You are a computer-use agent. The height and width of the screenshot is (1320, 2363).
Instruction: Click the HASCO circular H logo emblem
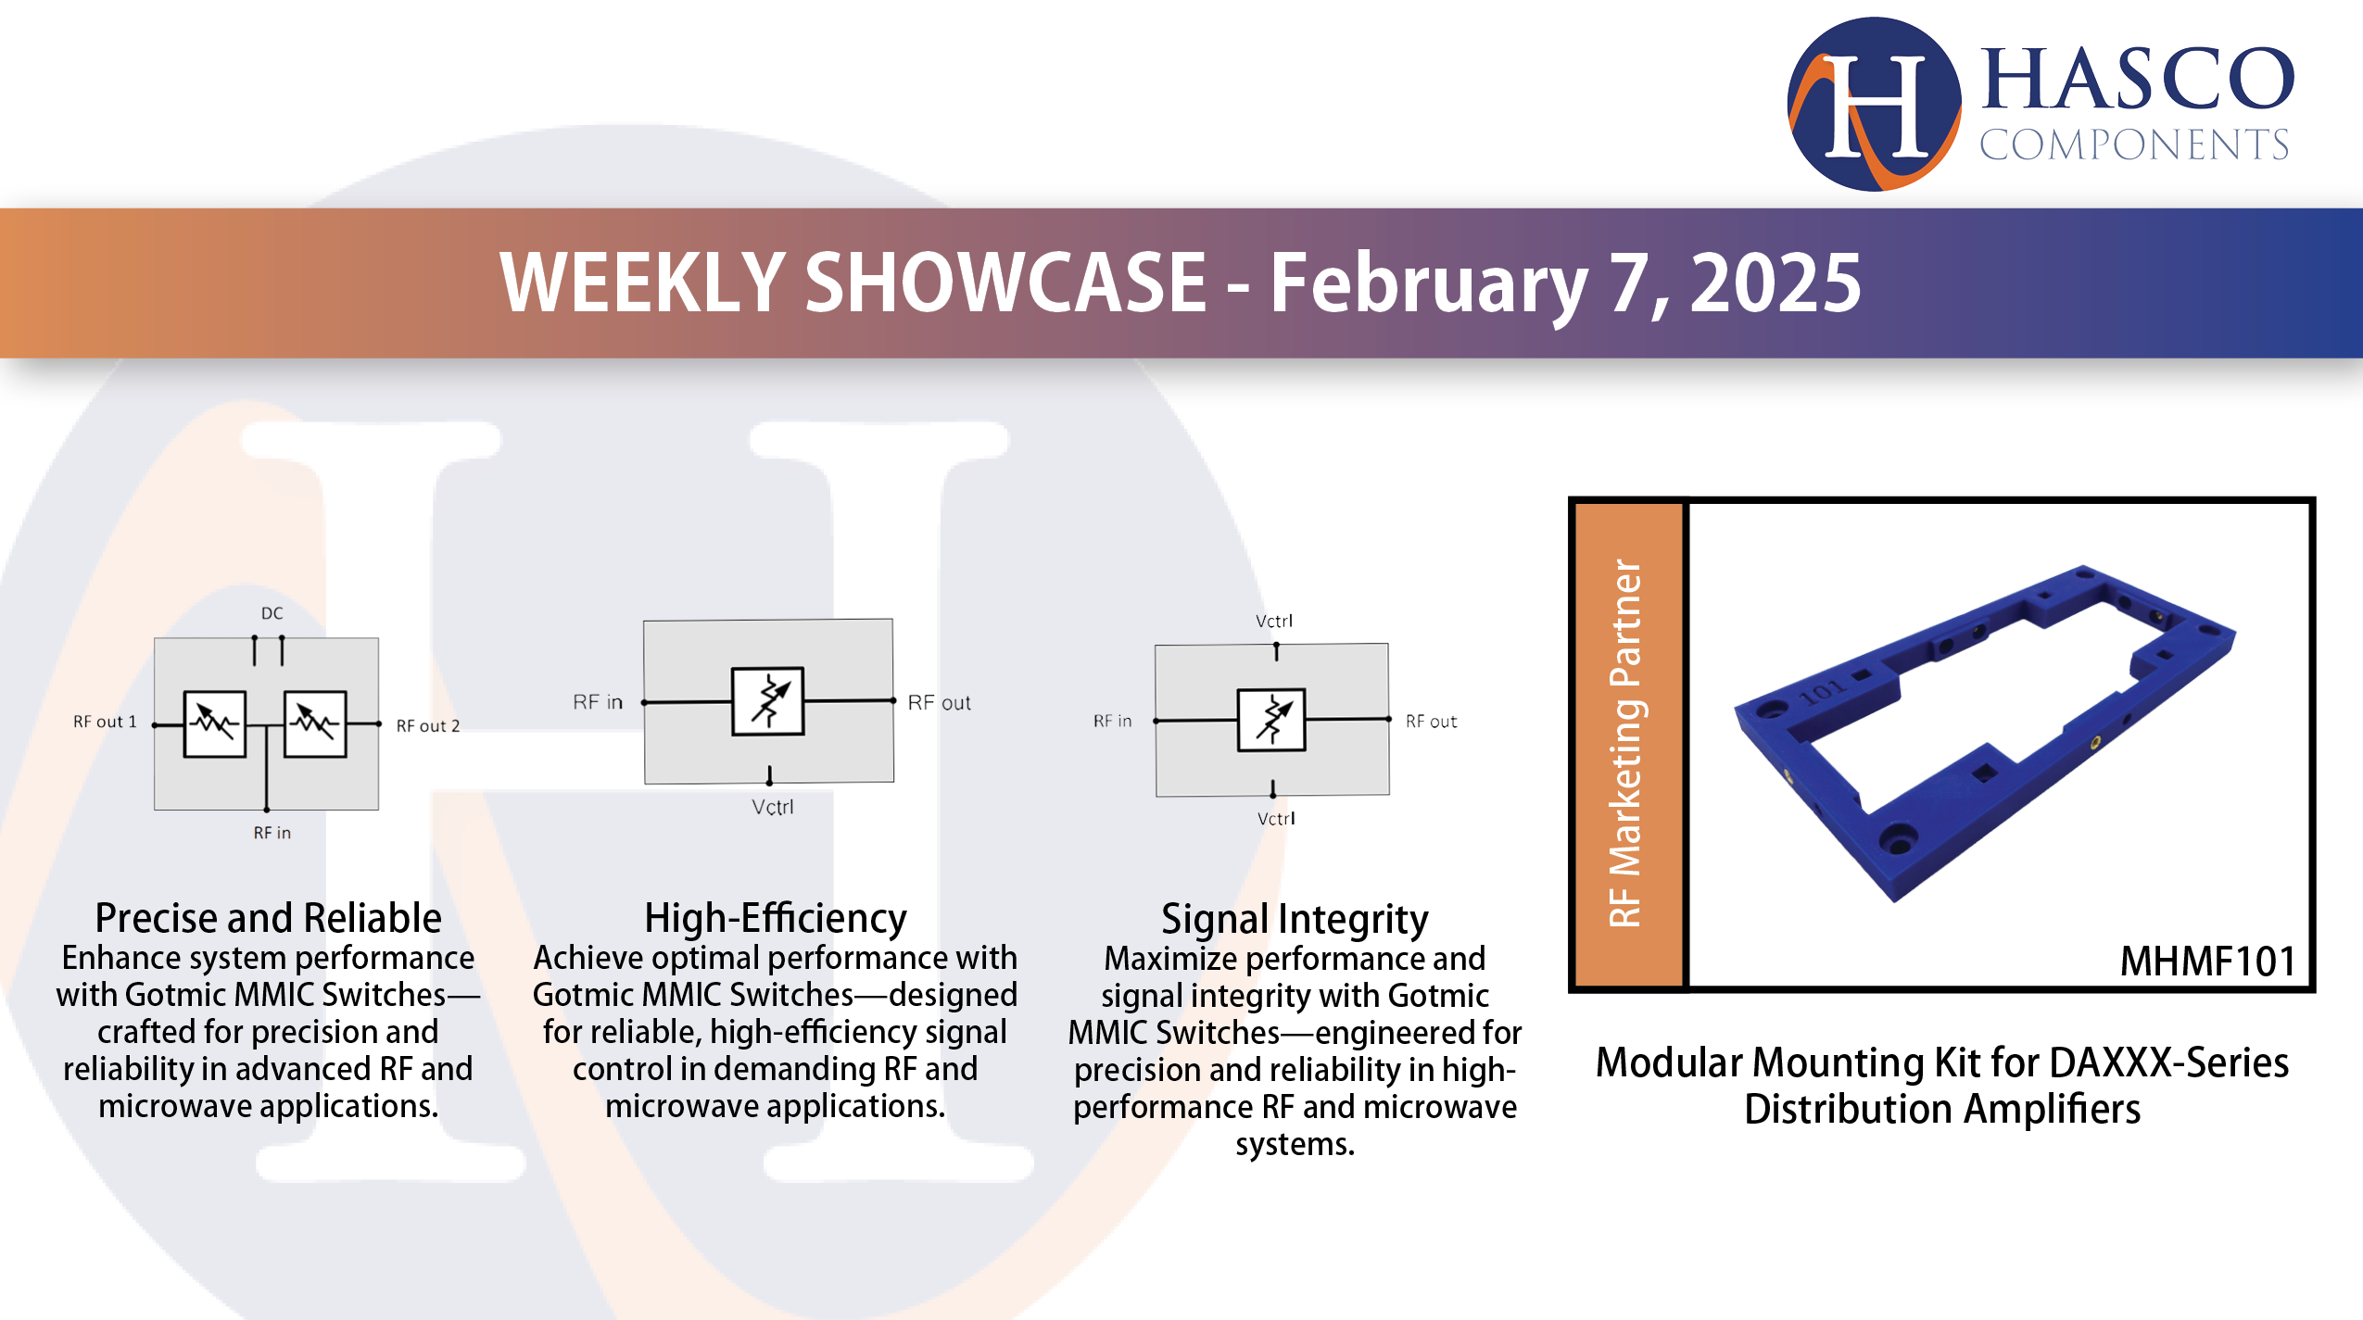click(x=1873, y=104)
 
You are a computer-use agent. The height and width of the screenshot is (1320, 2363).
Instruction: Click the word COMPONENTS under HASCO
click(x=2134, y=145)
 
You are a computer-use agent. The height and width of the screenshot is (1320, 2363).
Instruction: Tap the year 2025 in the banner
click(x=1775, y=283)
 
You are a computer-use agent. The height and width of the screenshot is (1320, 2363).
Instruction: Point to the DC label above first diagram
click(x=272, y=613)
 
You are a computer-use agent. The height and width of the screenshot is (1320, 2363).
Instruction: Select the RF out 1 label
click(x=105, y=722)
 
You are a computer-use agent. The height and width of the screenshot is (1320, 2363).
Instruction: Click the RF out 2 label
click(x=427, y=726)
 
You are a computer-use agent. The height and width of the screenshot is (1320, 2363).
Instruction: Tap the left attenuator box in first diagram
click(x=215, y=723)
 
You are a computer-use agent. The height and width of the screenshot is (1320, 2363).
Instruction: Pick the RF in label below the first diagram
click(x=272, y=833)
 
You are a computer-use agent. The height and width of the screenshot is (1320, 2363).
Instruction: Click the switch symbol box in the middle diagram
click(x=768, y=701)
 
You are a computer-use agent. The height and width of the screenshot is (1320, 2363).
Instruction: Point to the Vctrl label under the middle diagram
click(x=772, y=807)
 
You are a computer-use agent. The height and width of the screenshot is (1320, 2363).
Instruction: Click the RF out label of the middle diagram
click(x=939, y=703)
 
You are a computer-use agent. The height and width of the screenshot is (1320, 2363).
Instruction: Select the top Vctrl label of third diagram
click(x=1273, y=621)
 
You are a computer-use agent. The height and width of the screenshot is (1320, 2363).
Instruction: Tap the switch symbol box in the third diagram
click(x=1271, y=720)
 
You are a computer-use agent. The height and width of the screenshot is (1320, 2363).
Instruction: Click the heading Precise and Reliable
click(x=268, y=918)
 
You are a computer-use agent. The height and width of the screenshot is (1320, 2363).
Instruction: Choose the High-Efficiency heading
click(x=775, y=918)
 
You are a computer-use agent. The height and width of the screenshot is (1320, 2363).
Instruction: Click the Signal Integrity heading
click(x=1295, y=919)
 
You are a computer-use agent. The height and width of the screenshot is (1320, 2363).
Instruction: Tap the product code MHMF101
click(x=2207, y=961)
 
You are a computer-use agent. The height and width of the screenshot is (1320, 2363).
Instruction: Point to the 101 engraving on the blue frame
click(x=1822, y=691)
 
